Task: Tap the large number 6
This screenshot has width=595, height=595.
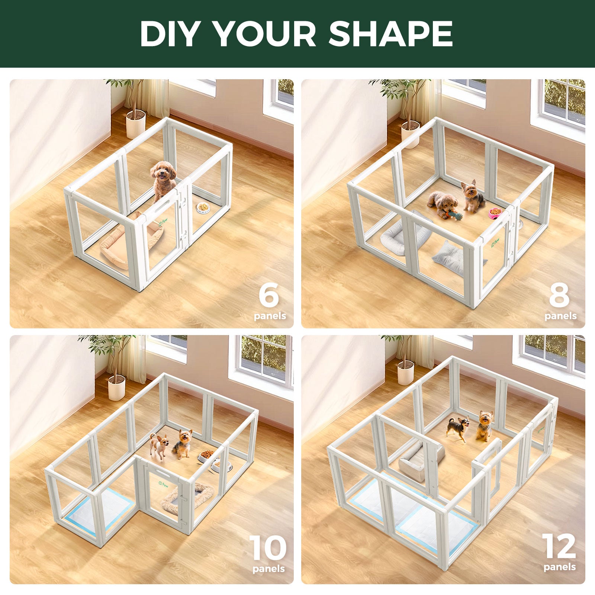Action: coord(268,295)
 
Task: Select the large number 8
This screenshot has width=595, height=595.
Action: coord(559,295)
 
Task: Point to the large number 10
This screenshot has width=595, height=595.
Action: coord(268,548)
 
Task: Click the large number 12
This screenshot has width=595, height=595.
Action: coord(559,547)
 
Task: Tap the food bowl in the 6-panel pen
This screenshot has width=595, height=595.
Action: coord(203,208)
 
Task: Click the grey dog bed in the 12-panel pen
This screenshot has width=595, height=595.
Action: coord(416,461)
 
